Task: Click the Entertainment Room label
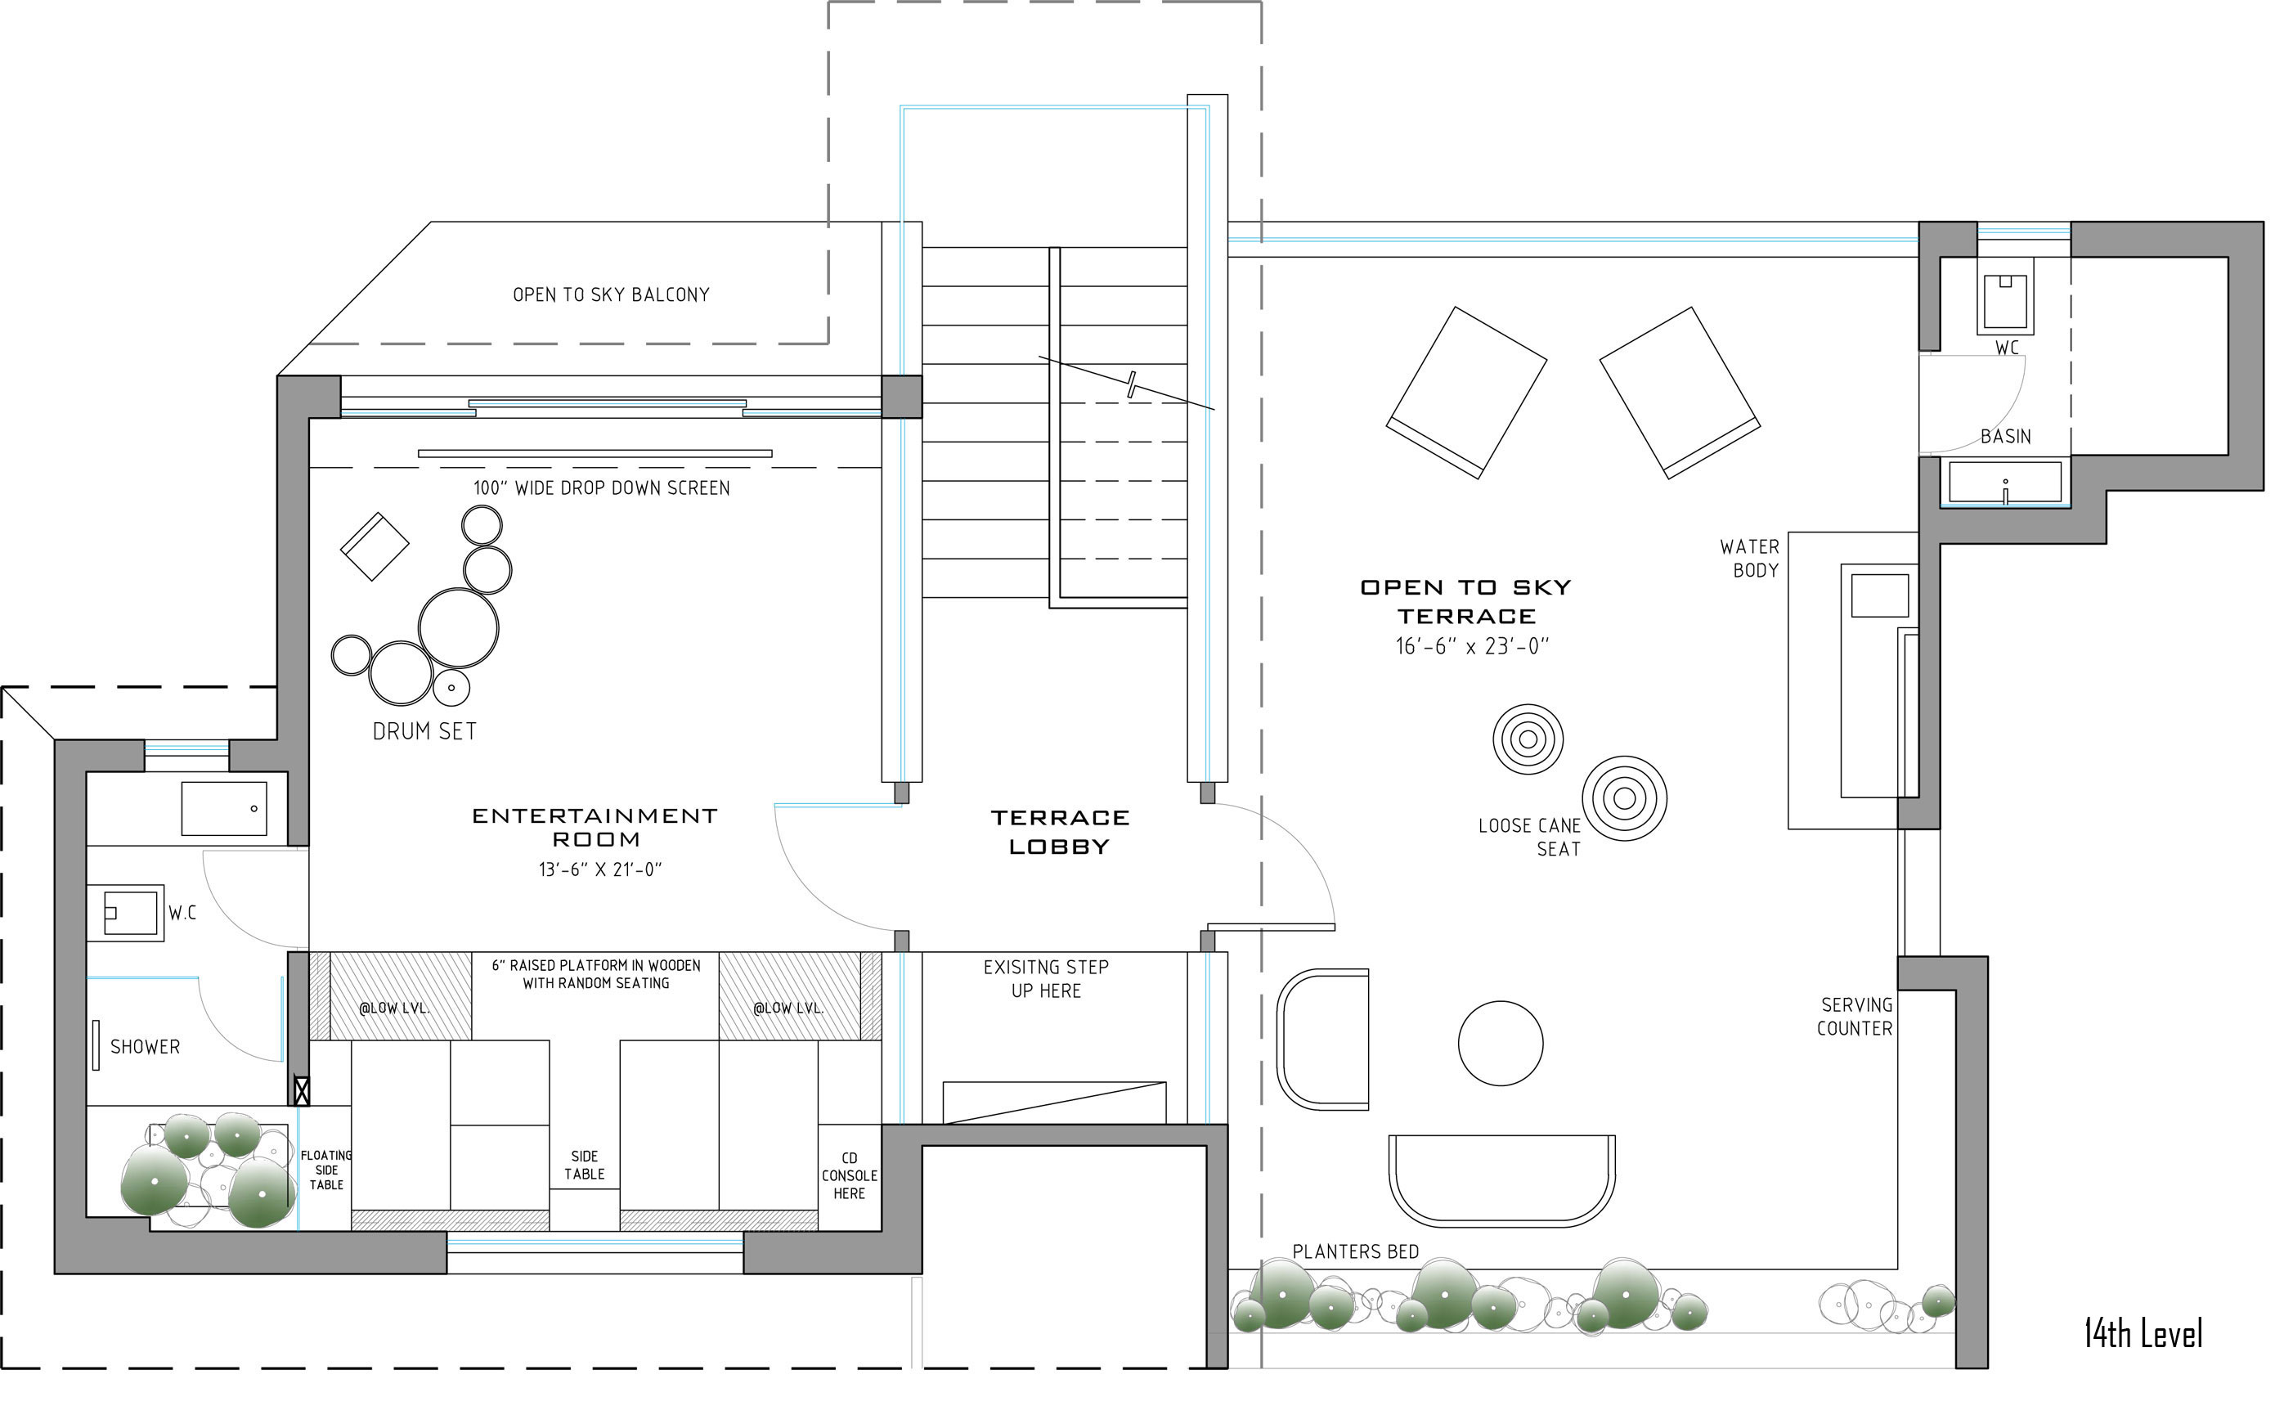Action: point(595,827)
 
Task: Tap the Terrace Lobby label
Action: point(1060,832)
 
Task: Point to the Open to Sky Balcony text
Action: point(611,294)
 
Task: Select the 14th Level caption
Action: point(2143,1333)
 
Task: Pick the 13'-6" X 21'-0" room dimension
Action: point(599,869)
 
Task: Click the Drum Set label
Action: point(424,731)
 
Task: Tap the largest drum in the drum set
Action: point(459,628)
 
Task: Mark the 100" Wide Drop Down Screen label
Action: point(601,487)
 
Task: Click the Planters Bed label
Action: point(1356,1251)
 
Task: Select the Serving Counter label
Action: point(1855,1017)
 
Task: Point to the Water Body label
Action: point(1750,559)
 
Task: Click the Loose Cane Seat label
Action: point(1529,838)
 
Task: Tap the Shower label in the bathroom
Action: point(145,1047)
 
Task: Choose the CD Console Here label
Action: point(850,1176)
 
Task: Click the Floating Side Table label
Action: point(326,1170)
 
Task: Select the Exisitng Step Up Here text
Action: point(1046,979)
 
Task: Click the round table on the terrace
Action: point(1501,1044)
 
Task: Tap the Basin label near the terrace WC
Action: point(2006,437)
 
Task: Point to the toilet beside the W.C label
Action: point(125,913)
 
